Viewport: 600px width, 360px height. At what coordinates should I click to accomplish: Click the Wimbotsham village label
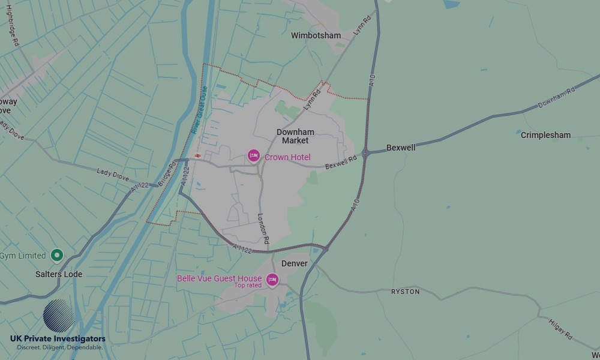[x=316, y=35]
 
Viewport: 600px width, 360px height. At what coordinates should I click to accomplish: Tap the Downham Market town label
[x=295, y=136]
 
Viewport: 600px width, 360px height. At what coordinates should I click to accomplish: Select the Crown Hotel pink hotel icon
[x=254, y=157]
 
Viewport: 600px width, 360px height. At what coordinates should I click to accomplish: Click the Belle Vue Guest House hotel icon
[x=272, y=280]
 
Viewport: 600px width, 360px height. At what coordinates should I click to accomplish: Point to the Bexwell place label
[x=401, y=147]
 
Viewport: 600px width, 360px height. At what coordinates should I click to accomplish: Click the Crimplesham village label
[x=545, y=135]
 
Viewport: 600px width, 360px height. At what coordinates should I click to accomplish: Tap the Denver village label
[x=294, y=263]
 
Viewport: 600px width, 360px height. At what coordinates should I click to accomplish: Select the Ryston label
[x=405, y=292]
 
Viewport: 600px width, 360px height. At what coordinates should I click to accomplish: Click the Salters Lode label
[x=58, y=274]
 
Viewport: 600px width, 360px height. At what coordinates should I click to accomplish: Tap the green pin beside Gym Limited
[x=57, y=256]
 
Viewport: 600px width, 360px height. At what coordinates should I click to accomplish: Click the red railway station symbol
[x=197, y=156]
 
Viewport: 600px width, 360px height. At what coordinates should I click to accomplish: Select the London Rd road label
[x=263, y=229]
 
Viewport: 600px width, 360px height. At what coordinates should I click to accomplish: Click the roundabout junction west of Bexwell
[x=365, y=153]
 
